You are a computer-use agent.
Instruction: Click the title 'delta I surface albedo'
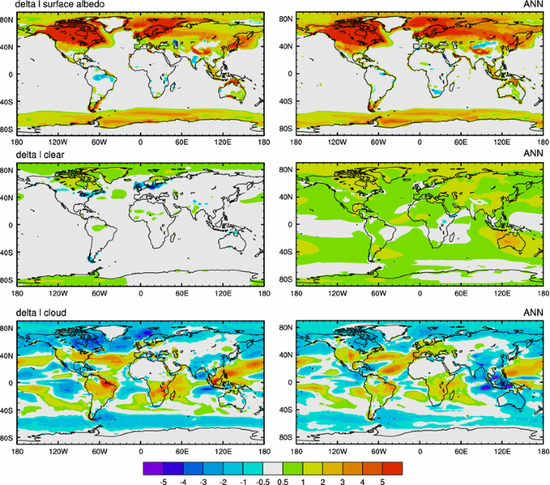(x=63, y=6)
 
